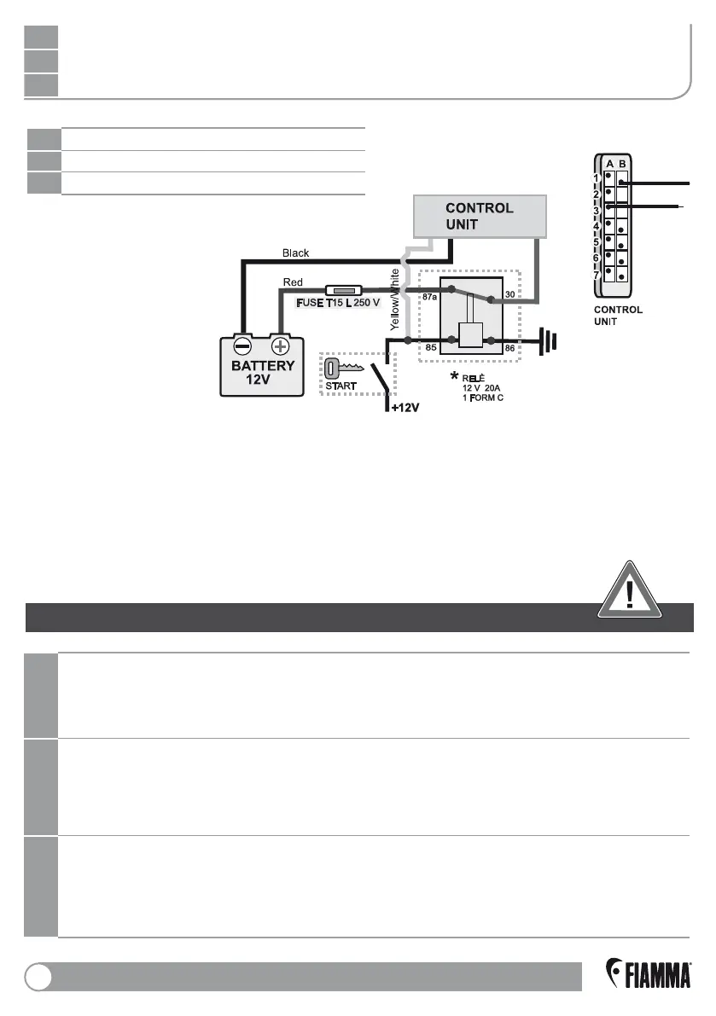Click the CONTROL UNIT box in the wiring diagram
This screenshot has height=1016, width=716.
[x=479, y=216]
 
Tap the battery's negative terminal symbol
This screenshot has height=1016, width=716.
[x=242, y=346]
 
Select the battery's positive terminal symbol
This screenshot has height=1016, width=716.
[x=280, y=346]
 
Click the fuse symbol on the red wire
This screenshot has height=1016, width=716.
[x=346, y=290]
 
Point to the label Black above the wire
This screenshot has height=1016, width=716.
[x=295, y=253]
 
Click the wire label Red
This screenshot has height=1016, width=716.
[x=293, y=282]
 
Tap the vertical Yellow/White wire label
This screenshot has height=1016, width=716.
[x=395, y=299]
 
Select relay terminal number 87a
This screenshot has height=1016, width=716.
[x=429, y=296]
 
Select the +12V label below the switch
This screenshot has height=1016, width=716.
[x=405, y=409]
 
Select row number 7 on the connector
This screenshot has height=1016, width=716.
[x=597, y=276]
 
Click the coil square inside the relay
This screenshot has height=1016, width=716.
[x=469, y=334]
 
